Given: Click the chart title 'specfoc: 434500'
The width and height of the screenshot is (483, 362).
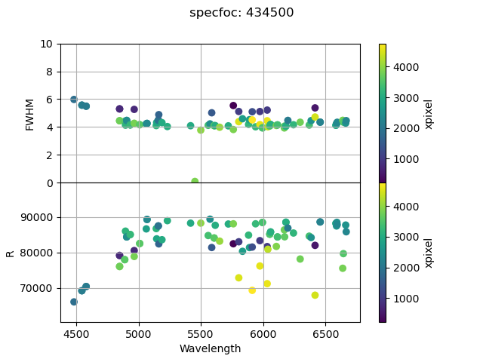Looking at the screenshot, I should point(241,13).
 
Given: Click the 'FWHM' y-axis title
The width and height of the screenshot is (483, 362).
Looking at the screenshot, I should point(30,114).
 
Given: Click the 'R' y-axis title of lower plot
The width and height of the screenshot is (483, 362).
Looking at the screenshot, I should point(11,253).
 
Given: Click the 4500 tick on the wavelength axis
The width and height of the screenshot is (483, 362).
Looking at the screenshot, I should point(76,333).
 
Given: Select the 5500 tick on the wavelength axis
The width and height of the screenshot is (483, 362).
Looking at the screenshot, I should point(201,333).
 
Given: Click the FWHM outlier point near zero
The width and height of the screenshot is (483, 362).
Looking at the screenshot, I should point(195,182).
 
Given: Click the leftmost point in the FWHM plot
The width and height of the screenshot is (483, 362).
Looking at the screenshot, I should point(74,100).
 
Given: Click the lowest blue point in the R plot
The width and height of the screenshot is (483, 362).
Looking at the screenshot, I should point(74,302).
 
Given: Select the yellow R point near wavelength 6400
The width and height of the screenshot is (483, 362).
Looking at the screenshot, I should point(315,295).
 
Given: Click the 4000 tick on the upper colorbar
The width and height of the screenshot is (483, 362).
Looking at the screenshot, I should point(405,66).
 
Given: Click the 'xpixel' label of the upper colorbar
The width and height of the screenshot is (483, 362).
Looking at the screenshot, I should point(429,113).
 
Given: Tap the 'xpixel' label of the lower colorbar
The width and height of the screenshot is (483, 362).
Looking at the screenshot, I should point(429,253).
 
